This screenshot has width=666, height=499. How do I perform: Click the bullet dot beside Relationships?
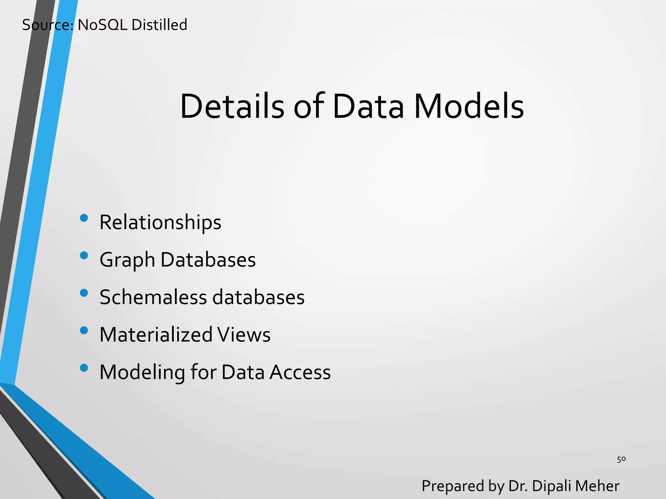click(x=84, y=218)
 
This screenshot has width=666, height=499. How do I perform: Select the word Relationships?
click(x=160, y=223)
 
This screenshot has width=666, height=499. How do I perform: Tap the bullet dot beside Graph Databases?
click(x=84, y=255)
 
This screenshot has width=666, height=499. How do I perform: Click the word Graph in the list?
click(x=127, y=260)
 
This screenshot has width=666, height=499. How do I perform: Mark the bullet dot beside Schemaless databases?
click(x=84, y=293)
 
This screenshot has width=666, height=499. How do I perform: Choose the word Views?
click(x=244, y=335)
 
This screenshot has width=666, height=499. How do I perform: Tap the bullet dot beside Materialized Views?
click(x=84, y=330)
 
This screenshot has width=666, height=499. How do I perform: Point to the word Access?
click(x=300, y=372)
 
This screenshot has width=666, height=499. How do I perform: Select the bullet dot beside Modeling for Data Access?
click(x=84, y=368)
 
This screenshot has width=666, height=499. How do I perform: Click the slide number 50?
click(x=621, y=459)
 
